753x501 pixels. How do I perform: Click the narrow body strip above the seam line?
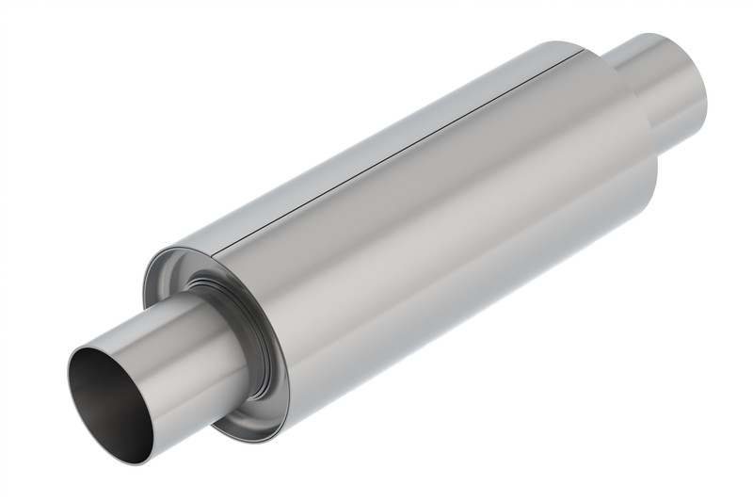[376, 141]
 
